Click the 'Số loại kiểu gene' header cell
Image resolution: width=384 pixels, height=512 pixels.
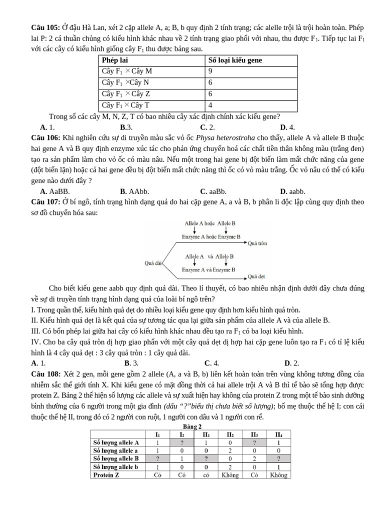coord(235,60)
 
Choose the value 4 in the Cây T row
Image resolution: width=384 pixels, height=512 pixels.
coord(210,105)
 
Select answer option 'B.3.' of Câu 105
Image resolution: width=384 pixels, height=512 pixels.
coord(126,127)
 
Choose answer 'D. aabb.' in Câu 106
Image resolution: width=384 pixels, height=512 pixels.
coord(292,191)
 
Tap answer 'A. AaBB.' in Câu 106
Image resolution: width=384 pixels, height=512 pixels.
coord(55,191)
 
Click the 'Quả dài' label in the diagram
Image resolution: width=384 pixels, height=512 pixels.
coord(152,262)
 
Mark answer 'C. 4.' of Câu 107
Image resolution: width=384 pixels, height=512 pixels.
coord(211,363)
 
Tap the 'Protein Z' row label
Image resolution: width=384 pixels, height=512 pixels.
coord(106,474)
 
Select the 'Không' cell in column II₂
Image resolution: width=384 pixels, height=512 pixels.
coord(230,474)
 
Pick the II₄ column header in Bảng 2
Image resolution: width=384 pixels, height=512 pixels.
coord(278,434)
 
